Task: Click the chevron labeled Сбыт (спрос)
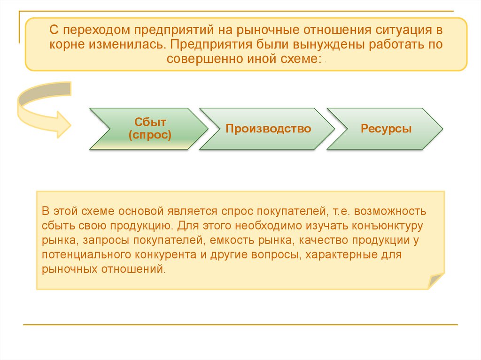click(147, 129)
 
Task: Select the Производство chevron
click(268, 129)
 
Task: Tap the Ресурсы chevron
click(386, 129)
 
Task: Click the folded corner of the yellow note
click(435, 281)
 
